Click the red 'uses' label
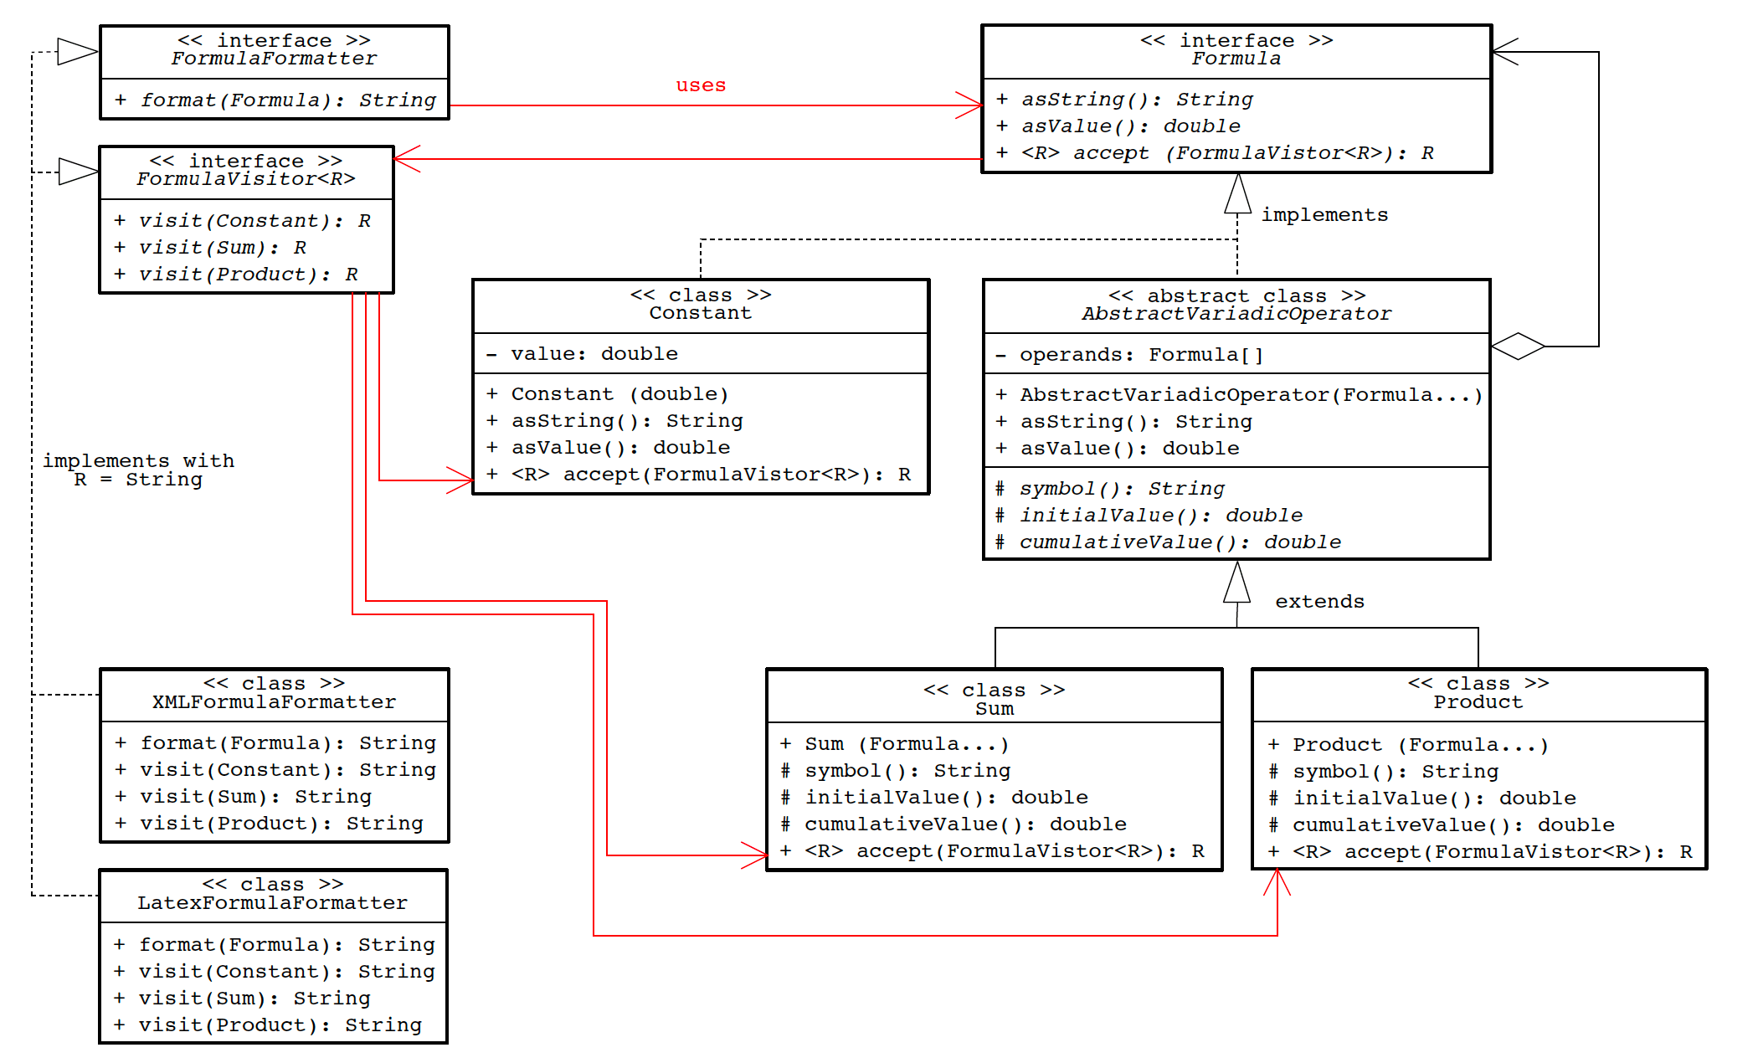click(x=701, y=85)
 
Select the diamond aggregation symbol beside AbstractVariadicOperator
click(x=1518, y=346)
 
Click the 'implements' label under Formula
click(x=1324, y=215)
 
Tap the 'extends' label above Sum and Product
click(x=1319, y=602)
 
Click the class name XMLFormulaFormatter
click(x=274, y=702)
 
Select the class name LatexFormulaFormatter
click(x=272, y=903)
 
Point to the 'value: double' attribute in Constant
click(x=594, y=354)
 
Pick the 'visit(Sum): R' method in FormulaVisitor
click(x=222, y=248)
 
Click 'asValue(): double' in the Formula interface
click(x=1130, y=126)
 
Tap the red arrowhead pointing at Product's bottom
click(x=1277, y=881)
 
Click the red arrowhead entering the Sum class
click(x=755, y=855)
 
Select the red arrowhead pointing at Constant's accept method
click(x=460, y=480)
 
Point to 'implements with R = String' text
click(x=138, y=470)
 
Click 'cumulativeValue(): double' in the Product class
click(x=1452, y=825)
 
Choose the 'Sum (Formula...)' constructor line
click(x=906, y=744)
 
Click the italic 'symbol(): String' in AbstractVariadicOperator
click(x=1121, y=489)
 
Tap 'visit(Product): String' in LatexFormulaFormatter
click(x=280, y=1025)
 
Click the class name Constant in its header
click(x=700, y=313)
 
